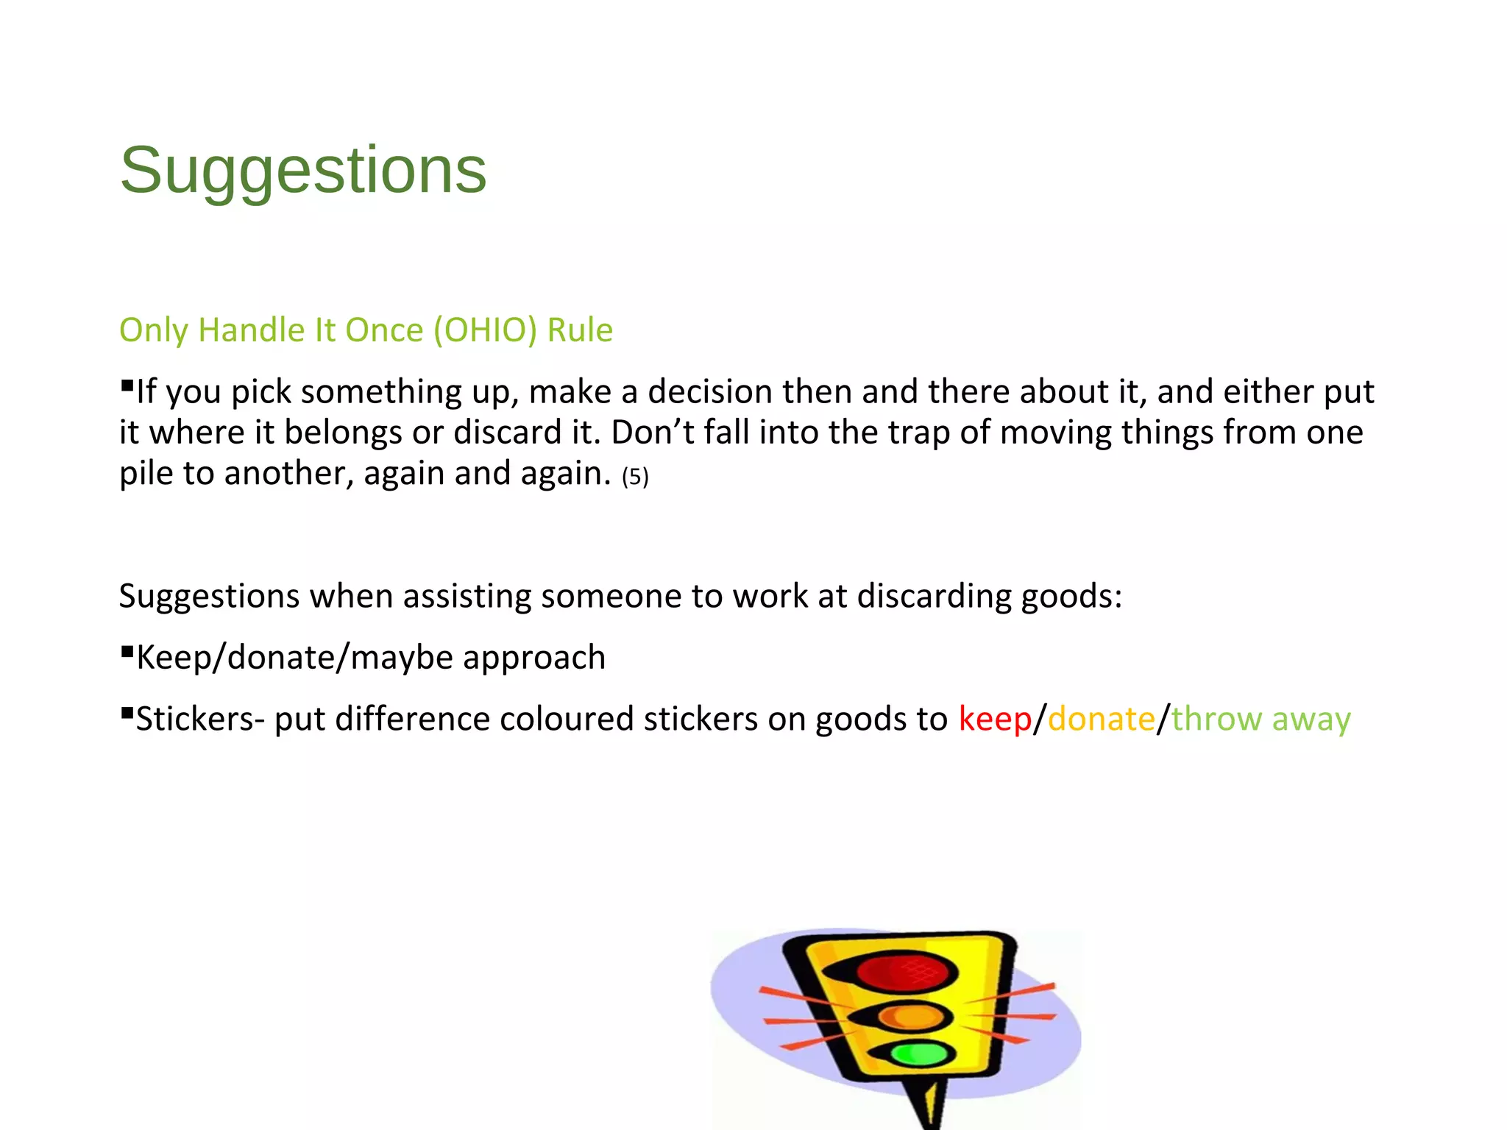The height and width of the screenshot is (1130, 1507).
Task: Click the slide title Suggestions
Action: click(x=302, y=171)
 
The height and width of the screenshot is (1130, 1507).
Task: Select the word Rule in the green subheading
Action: click(x=580, y=330)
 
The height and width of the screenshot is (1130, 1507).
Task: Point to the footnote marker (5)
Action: click(x=635, y=477)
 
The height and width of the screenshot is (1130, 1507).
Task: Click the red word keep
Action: click(x=995, y=719)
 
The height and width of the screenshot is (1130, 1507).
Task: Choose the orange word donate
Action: click(x=1101, y=719)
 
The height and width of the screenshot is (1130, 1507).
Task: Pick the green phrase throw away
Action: click(x=1260, y=719)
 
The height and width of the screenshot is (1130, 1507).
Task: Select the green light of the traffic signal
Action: click(x=919, y=1053)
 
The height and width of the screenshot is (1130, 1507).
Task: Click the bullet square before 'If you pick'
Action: click(x=127, y=385)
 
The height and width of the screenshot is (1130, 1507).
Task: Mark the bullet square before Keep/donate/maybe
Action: click(x=127, y=650)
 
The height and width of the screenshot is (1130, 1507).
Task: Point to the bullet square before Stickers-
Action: click(x=127, y=712)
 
